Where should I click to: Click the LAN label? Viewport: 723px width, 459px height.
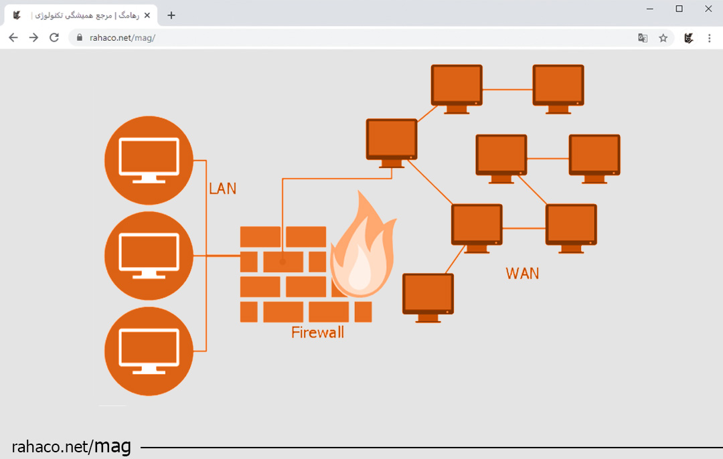point(222,189)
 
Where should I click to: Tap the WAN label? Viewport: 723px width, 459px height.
point(522,274)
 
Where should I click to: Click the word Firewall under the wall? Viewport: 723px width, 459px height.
point(317,333)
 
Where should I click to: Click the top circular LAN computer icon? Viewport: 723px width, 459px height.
point(148,160)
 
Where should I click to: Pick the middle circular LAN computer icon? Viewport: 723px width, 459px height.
point(148,256)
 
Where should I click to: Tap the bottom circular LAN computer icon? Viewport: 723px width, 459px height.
point(148,351)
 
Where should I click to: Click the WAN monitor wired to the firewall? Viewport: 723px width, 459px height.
point(392,143)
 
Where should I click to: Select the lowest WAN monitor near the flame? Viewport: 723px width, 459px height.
point(428,297)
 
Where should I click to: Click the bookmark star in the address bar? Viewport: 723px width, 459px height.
point(663,38)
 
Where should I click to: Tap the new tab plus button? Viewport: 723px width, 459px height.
point(171,15)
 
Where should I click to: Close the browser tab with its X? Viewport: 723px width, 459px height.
point(147,15)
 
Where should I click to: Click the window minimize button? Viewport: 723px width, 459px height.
point(650,9)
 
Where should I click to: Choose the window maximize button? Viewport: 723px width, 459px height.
point(679,9)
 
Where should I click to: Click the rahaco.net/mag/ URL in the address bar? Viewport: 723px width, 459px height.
point(123,38)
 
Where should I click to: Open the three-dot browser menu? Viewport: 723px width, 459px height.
point(709,38)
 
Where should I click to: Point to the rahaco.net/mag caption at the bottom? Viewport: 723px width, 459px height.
point(72,446)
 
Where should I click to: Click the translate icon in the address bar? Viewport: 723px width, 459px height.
point(643,38)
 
